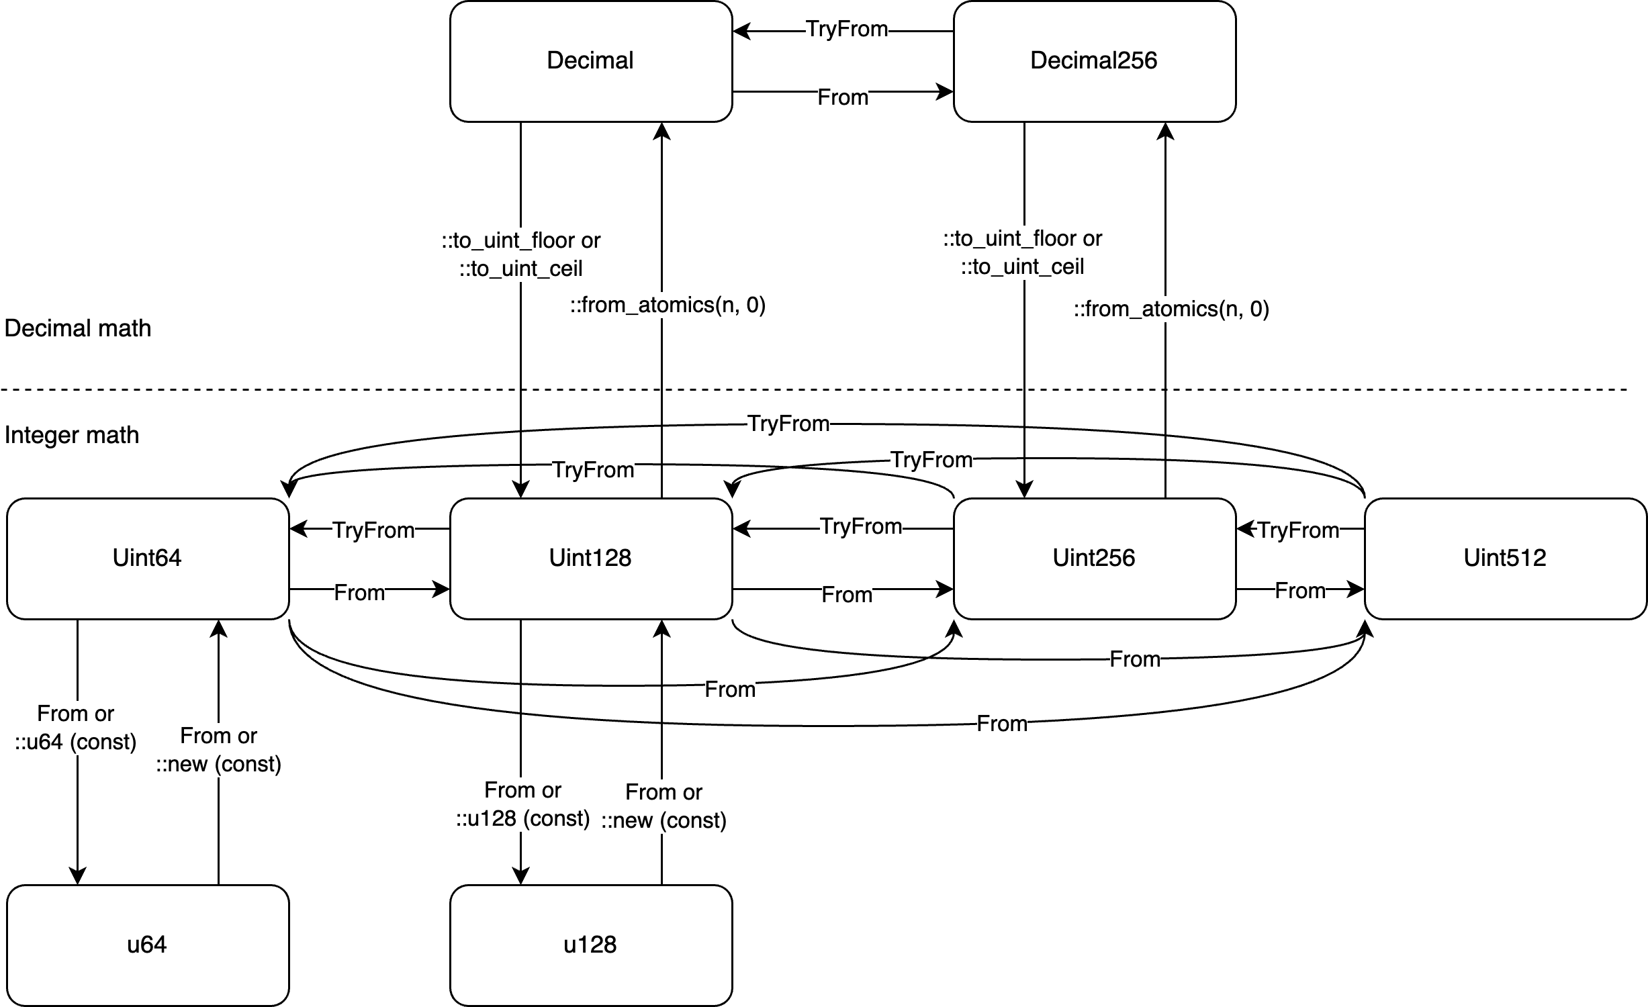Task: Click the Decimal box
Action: coord(590,61)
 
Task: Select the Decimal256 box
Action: coord(1094,61)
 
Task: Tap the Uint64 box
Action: coord(147,559)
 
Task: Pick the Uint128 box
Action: coord(590,559)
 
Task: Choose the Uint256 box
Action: coord(1094,559)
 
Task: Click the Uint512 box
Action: coord(1505,559)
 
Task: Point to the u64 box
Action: coord(147,945)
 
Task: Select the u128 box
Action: coord(590,945)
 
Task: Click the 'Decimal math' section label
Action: coord(78,328)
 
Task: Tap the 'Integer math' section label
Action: coord(72,435)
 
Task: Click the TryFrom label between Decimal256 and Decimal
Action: coord(847,29)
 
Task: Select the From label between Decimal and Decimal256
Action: coord(843,97)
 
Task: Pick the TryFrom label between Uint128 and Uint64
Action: coord(374,530)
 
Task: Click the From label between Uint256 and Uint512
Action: coord(1300,591)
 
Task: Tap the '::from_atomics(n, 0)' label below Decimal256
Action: coord(1171,309)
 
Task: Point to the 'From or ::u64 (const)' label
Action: coord(76,727)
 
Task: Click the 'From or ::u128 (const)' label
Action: coord(522,804)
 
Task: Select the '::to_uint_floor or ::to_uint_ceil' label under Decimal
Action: coord(521,254)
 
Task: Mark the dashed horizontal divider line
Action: coord(806,389)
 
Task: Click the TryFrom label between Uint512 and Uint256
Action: coord(1298,530)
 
